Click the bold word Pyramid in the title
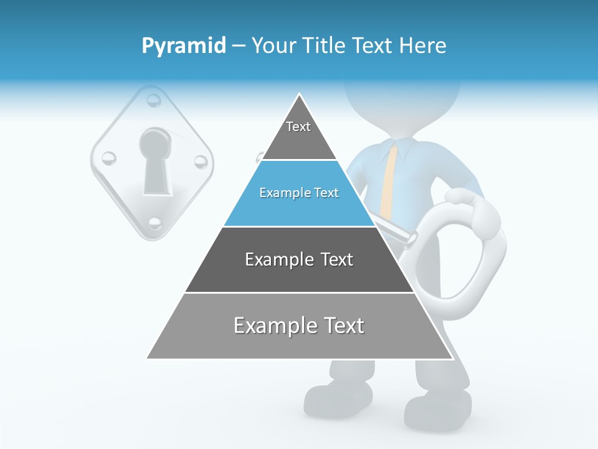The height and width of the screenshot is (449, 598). click(x=184, y=46)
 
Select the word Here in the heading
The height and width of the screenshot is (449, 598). click(x=422, y=46)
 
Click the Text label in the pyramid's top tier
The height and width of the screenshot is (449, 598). click(x=298, y=127)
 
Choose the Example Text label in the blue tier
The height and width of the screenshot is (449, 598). click(x=299, y=193)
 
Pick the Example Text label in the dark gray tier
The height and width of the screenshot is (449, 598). click(x=299, y=259)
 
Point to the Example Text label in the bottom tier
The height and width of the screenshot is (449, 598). click(x=299, y=326)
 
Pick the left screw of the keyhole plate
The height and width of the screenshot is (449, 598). click(x=108, y=158)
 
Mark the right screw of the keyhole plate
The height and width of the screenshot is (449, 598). click(x=200, y=162)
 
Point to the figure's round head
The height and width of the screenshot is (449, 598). click(x=402, y=103)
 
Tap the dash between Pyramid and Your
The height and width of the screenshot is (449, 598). click(x=239, y=46)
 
